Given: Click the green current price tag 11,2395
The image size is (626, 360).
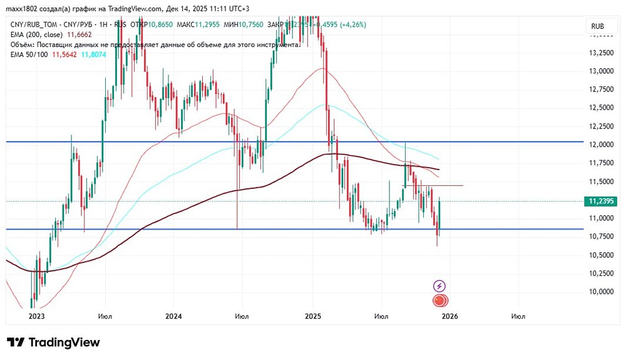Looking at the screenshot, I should pos(600,201).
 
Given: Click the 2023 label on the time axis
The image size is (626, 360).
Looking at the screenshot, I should pos(37,317).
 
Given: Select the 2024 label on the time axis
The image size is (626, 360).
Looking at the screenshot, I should pos(173,317).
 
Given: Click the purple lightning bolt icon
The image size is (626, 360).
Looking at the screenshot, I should pos(439,285).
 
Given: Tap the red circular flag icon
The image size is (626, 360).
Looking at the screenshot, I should pos(439,301).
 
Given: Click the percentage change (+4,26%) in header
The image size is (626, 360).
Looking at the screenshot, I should pos(351,24).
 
